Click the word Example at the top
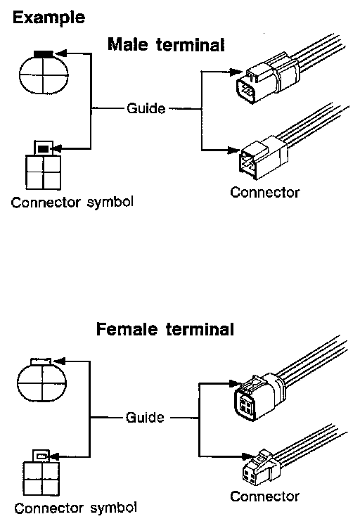pyautogui.click(x=49, y=18)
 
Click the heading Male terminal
pyautogui.click(x=166, y=44)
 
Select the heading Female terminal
pyautogui.click(x=165, y=329)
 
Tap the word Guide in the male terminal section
pyautogui.click(x=146, y=108)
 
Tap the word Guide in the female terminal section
pyautogui.click(x=145, y=418)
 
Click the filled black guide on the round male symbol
pyautogui.click(x=44, y=53)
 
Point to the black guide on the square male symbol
pyautogui.click(x=43, y=148)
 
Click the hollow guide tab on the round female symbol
pyautogui.click(x=41, y=361)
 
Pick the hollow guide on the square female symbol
pyautogui.click(x=41, y=456)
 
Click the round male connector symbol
pyautogui.click(x=44, y=72)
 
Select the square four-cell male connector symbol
pyautogui.click(x=44, y=165)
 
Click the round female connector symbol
pyautogui.click(x=41, y=380)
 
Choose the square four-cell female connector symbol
pyautogui.click(x=41, y=473)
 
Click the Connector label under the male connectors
pyautogui.click(x=264, y=192)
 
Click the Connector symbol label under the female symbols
pyautogui.click(x=75, y=508)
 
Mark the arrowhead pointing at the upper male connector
pyautogui.click(x=236, y=72)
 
